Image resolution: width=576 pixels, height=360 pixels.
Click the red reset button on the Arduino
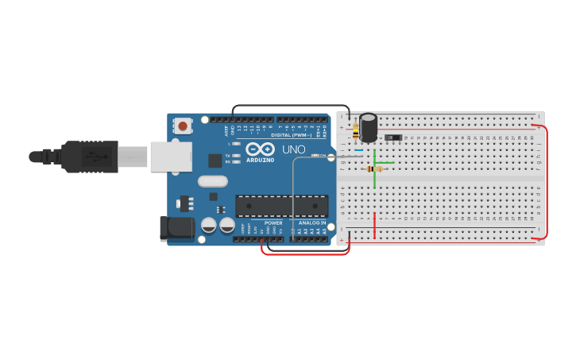pyautogui.click(x=183, y=126)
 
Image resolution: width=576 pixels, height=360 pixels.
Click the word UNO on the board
pyautogui.click(x=294, y=149)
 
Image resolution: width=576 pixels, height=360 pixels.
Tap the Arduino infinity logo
pyautogui.click(x=260, y=149)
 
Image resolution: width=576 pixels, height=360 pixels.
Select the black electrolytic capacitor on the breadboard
pyautogui.click(x=368, y=127)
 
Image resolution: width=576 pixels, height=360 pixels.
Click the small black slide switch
pyautogui.click(x=392, y=137)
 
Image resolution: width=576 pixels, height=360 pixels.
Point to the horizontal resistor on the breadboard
pyautogui.click(x=374, y=168)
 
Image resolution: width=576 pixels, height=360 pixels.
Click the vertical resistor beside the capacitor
pyautogui.click(x=355, y=132)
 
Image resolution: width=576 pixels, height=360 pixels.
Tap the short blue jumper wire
pyautogui.click(x=359, y=150)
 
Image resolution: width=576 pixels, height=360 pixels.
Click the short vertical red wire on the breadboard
pyautogui.click(x=374, y=225)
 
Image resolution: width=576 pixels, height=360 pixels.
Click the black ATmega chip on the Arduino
pyautogui.click(x=281, y=206)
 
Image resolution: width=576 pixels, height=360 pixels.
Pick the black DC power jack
pyautogui.click(x=176, y=228)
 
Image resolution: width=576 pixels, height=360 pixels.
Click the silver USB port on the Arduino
pyautogui.click(x=171, y=157)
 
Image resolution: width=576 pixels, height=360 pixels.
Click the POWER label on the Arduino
pyautogui.click(x=273, y=223)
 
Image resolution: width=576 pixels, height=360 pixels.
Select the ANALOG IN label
pyautogui.click(x=311, y=223)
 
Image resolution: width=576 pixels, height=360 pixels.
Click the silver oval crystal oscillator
pyautogui.click(x=213, y=180)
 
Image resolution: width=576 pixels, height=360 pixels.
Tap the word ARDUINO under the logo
pyautogui.click(x=260, y=160)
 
